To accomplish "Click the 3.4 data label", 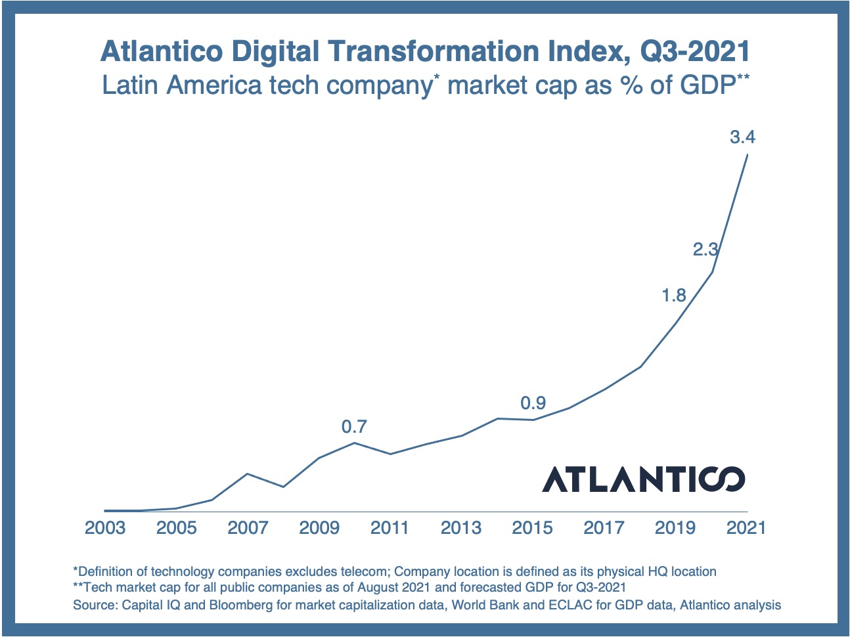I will click(x=742, y=138).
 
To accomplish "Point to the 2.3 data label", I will click(x=706, y=250).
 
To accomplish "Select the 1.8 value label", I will click(x=674, y=296).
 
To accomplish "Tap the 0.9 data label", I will click(x=533, y=403).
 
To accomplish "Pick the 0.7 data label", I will click(x=354, y=427).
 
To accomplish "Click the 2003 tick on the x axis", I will click(x=105, y=528).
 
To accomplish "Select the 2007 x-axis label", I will click(x=248, y=528).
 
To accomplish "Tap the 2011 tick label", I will click(x=390, y=528).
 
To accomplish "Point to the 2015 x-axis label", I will click(x=532, y=528).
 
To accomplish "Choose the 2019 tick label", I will click(x=675, y=528).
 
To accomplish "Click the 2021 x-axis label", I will click(x=746, y=528).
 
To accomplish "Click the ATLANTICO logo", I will click(x=643, y=479).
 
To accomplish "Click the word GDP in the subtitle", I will click(x=707, y=86).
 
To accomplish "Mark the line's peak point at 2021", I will click(x=748, y=155).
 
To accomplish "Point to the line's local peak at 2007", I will click(x=247, y=473).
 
